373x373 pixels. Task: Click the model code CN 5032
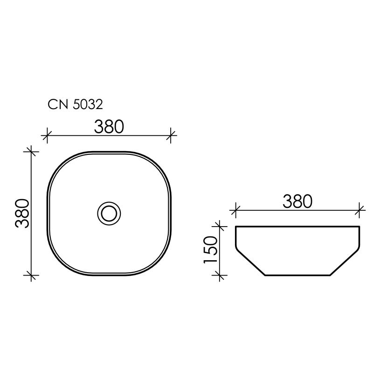pos(75,104)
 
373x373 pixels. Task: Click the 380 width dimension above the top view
pos(109,126)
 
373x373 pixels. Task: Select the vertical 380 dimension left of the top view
pos(23,213)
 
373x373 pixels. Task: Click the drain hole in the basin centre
pos(109,213)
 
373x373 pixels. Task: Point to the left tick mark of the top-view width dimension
pos(46,136)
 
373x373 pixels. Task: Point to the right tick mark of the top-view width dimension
pos(172,136)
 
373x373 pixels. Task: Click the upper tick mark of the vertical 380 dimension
pos(31,151)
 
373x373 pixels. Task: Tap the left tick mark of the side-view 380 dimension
pos(235,210)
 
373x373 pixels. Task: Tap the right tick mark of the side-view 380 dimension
pos(359,210)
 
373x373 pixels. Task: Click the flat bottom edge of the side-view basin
pos(297,275)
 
